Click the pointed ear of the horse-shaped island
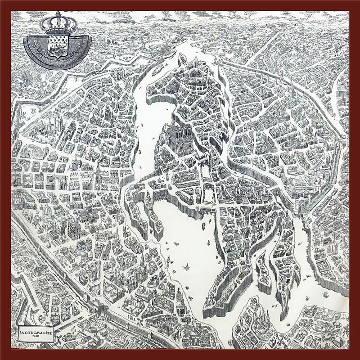[183, 58]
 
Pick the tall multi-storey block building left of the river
[74, 229]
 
